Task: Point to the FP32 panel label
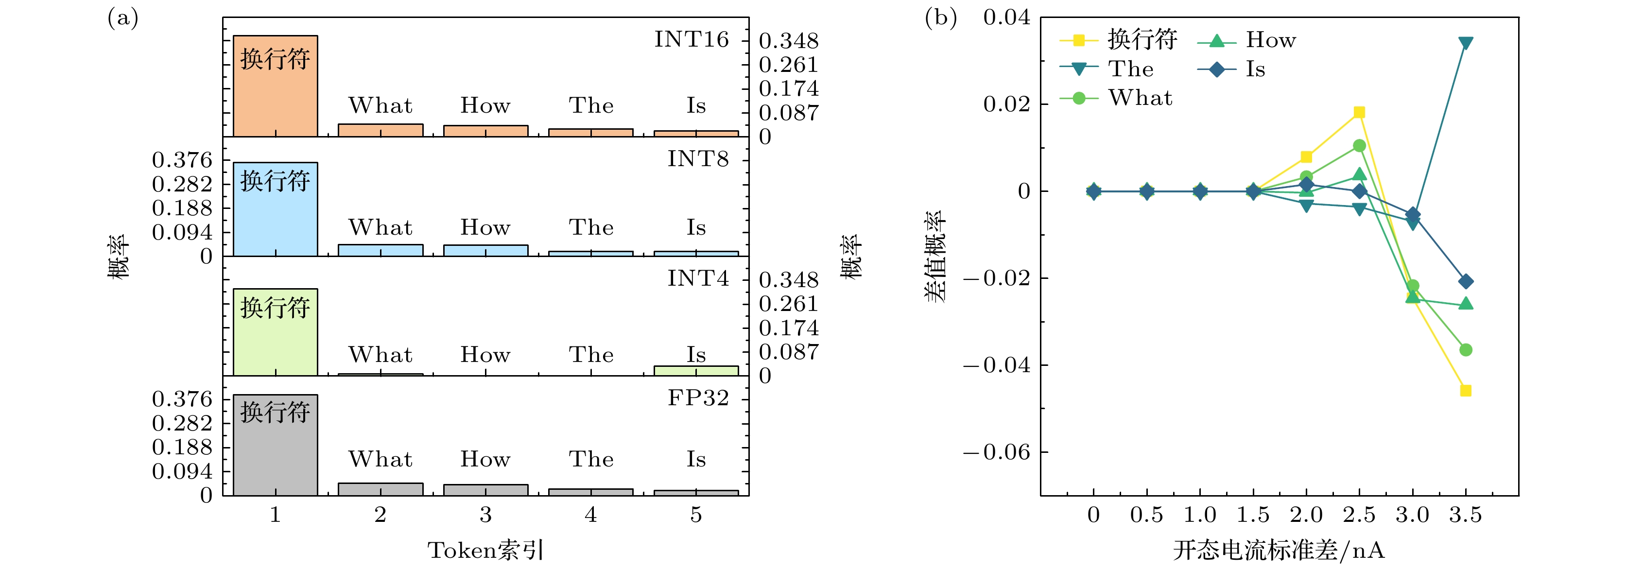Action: (698, 398)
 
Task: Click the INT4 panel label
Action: (698, 278)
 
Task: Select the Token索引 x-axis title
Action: (485, 550)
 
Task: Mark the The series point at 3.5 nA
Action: (1466, 43)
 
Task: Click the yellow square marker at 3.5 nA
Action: (1466, 391)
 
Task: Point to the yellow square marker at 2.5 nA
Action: (1360, 112)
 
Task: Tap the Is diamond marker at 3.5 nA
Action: (1466, 281)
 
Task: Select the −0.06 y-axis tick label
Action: (997, 452)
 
